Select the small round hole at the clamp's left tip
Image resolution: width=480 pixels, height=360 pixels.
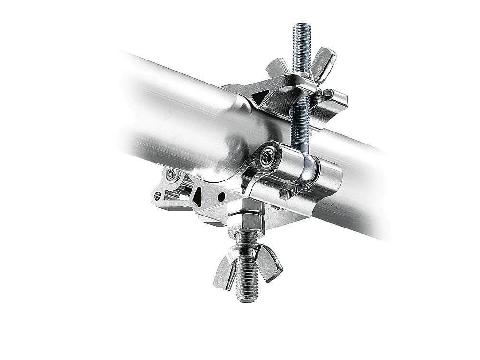pos(157,196)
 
